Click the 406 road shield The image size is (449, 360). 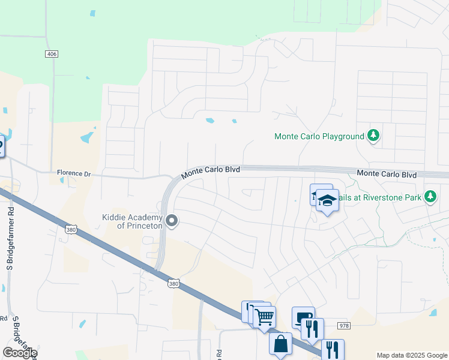[x=52, y=54]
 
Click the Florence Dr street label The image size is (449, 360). [x=73, y=173]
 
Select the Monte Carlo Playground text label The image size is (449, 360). [x=319, y=136]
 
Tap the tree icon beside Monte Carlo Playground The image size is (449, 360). [x=373, y=136]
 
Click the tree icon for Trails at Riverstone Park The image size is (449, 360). [x=430, y=196]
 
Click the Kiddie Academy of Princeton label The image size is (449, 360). [x=132, y=221]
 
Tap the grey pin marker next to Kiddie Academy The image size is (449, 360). [x=172, y=221]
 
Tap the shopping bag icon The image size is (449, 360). [x=280, y=344]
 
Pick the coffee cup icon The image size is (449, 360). [x=303, y=317]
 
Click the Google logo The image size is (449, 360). [x=20, y=353]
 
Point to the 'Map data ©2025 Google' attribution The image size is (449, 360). [x=412, y=355]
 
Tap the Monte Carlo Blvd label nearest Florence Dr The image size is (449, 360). [x=211, y=170]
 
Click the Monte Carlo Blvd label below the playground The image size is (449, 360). [x=386, y=174]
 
